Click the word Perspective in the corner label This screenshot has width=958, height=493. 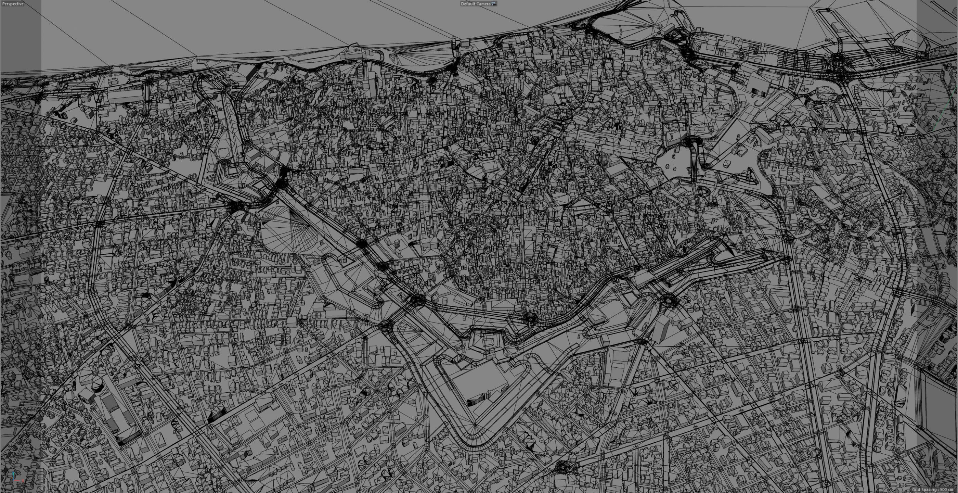coord(13,4)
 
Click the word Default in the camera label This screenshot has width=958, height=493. coord(467,4)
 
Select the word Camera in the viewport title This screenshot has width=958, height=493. coord(483,4)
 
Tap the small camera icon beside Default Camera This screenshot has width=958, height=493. coord(494,4)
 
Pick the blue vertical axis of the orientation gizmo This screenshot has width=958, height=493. coord(13,475)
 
